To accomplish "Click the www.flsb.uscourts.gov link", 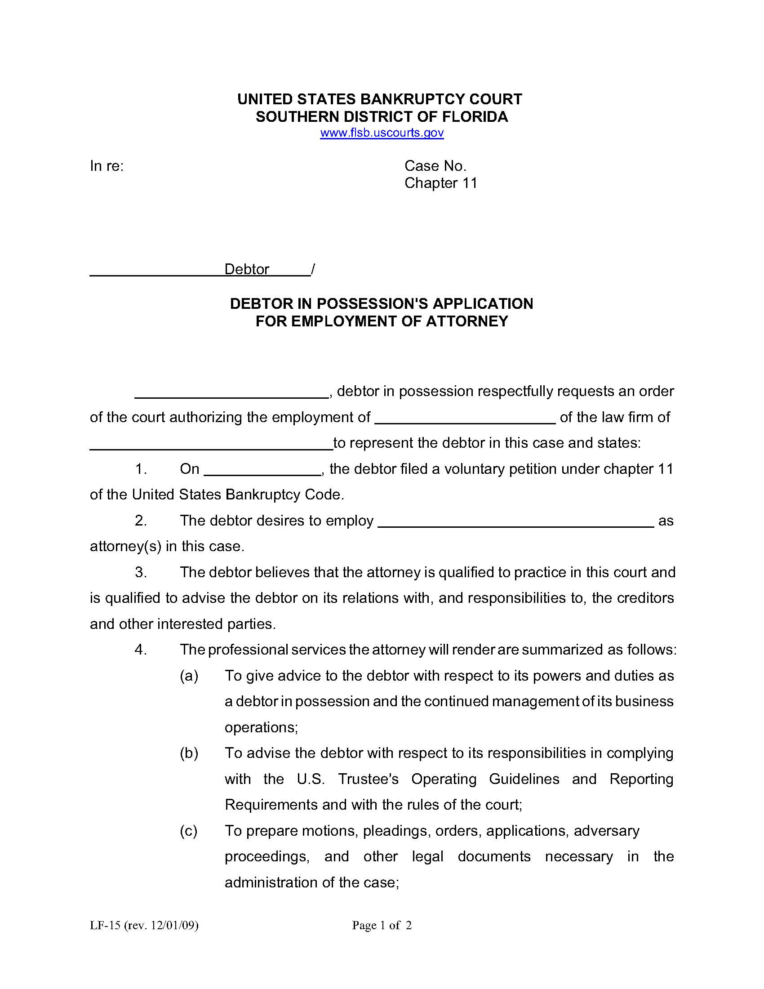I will (x=382, y=133).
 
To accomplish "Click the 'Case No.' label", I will (x=435, y=166).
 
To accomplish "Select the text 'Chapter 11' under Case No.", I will (x=441, y=183).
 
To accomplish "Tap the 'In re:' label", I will (x=107, y=166).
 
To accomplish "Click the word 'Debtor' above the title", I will (x=247, y=269).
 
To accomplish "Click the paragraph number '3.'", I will (x=141, y=572).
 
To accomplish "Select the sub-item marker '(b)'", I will (x=189, y=753).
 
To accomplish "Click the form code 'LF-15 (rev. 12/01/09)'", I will (x=144, y=925).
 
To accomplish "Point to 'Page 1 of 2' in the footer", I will (x=382, y=925).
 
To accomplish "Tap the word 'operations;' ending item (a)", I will (x=261, y=727).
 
